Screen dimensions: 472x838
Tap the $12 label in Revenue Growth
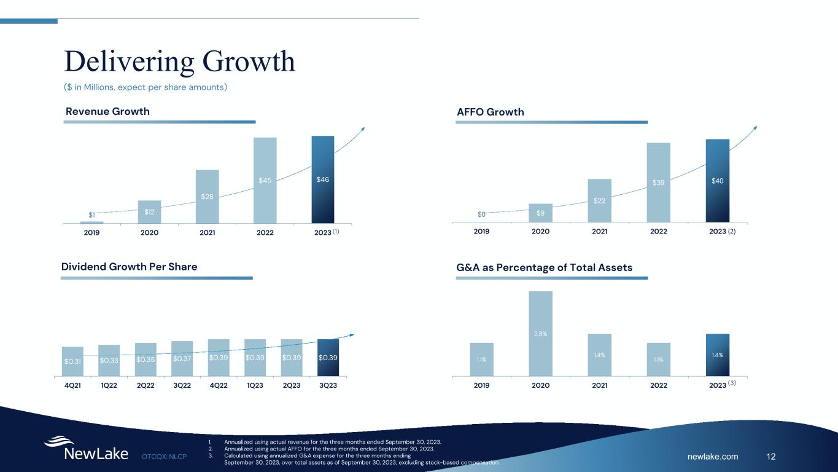[149, 212]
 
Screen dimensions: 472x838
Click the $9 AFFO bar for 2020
[540, 213]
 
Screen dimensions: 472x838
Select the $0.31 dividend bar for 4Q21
[72, 361]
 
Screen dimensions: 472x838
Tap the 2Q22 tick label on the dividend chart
[145, 386]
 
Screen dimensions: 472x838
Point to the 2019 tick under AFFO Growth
[481, 232]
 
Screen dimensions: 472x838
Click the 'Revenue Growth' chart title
[107, 111]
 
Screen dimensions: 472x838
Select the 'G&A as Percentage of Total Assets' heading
[544, 267]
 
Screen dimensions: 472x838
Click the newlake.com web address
[713, 456]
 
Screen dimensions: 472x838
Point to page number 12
[772, 456]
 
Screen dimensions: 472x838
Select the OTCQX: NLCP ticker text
[164, 456]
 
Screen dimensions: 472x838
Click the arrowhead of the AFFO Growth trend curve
[755, 127]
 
